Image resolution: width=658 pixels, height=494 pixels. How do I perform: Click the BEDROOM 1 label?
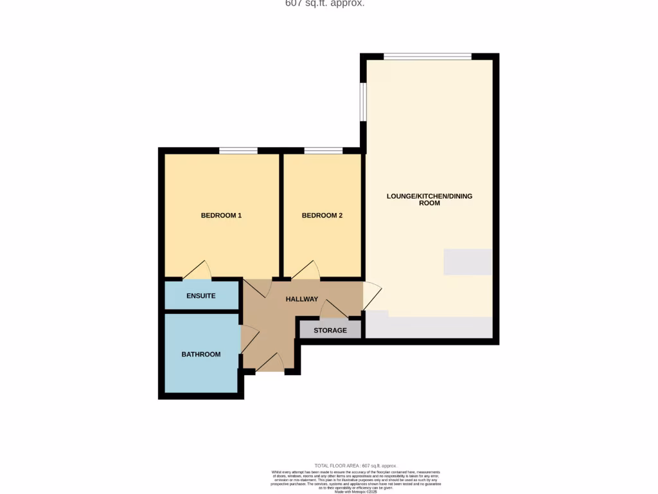(221, 215)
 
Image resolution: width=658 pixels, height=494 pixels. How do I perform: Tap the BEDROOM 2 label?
(322, 215)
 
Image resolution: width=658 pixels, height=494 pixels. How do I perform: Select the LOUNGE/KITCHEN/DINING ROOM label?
(429, 199)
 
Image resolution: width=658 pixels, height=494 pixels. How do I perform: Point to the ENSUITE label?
(201, 296)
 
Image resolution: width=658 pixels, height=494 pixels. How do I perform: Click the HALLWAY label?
(302, 299)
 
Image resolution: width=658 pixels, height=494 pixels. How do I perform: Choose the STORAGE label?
(330, 331)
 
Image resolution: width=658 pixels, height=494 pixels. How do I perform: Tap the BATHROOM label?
(200, 354)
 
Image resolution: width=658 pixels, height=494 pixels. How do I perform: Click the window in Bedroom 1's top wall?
(238, 151)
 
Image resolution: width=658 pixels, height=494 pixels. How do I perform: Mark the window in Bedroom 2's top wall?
(323, 151)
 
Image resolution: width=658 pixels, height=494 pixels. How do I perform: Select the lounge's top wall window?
(428, 57)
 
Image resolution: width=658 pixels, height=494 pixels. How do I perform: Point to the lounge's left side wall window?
(363, 102)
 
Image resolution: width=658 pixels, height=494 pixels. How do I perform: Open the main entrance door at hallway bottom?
(270, 363)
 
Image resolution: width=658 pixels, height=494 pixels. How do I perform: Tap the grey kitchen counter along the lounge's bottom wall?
(431, 327)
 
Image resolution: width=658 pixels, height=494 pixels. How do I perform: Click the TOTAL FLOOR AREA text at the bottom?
(355, 466)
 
